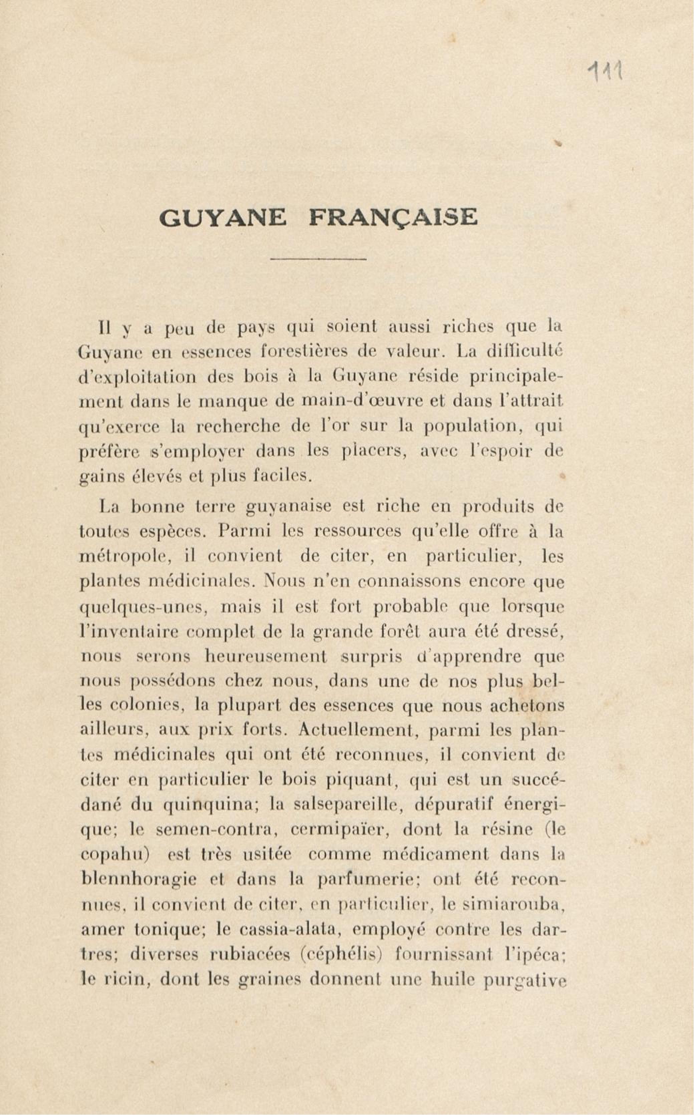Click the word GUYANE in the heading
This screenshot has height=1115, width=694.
[222, 217]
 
